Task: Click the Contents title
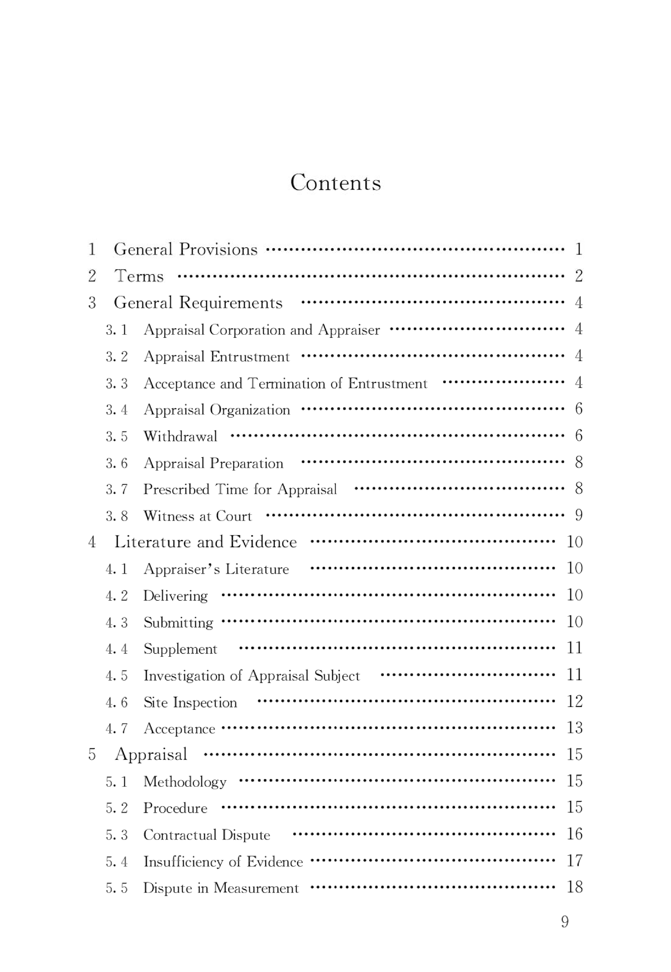[x=335, y=183]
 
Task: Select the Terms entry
[x=139, y=276]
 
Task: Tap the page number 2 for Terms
[x=579, y=276]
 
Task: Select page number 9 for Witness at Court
[x=579, y=515]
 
